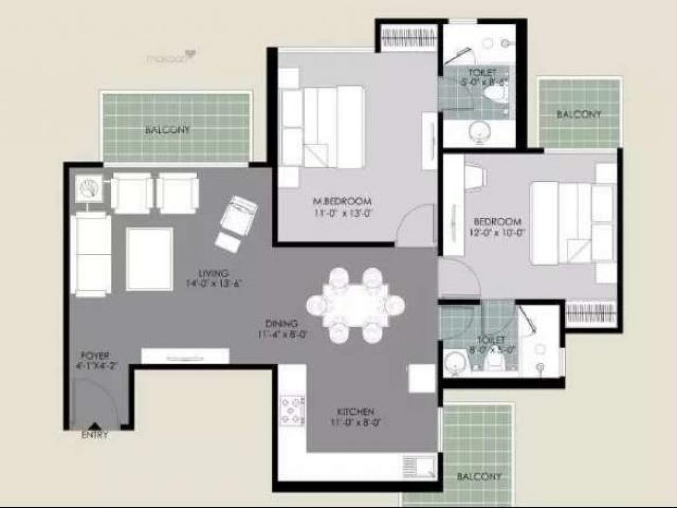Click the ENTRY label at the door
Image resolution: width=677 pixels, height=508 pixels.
(95, 435)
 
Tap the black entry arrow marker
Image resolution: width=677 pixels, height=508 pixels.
(95, 427)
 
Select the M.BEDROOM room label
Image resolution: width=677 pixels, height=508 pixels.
(343, 202)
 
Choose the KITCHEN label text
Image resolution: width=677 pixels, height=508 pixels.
(355, 411)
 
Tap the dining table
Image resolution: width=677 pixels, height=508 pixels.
(355, 305)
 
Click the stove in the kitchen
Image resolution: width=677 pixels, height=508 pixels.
(292, 410)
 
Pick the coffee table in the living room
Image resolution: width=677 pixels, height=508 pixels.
(149, 259)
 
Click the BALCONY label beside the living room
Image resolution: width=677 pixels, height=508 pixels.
(168, 130)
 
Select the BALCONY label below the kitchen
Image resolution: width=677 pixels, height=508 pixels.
(479, 476)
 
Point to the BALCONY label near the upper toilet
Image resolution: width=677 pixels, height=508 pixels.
(579, 114)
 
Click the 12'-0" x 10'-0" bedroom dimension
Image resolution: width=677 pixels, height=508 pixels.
(497, 233)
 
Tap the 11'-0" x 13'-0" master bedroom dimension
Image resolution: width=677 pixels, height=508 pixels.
(343, 213)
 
